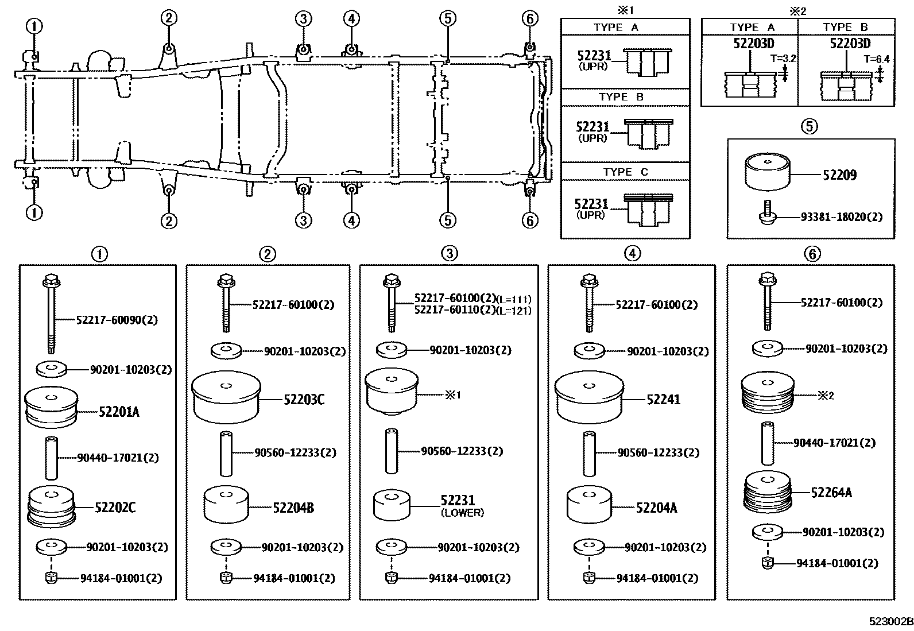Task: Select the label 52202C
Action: click(x=115, y=508)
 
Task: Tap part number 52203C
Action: click(x=304, y=400)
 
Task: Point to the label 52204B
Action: click(x=293, y=508)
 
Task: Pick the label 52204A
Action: click(x=656, y=508)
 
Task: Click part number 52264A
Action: click(x=831, y=492)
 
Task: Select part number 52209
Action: click(x=839, y=175)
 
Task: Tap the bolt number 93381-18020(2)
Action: click(x=842, y=217)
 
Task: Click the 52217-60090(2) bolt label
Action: click(x=117, y=319)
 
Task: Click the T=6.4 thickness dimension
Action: click(x=877, y=59)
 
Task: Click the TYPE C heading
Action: click(x=625, y=172)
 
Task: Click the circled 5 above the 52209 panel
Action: click(x=810, y=126)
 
